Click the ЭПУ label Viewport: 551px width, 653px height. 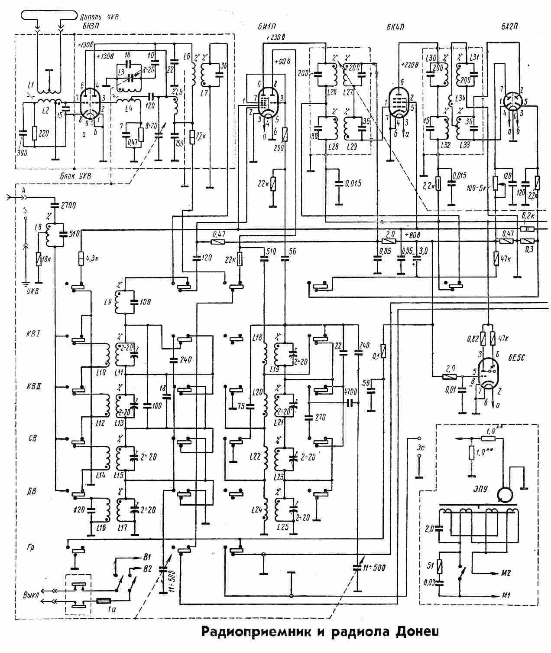coord(480,488)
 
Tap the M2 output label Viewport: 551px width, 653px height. coord(506,573)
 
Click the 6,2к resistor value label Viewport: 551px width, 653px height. coord(529,215)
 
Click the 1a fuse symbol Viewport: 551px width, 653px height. coord(104,601)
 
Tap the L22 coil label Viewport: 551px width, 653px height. coord(255,456)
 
